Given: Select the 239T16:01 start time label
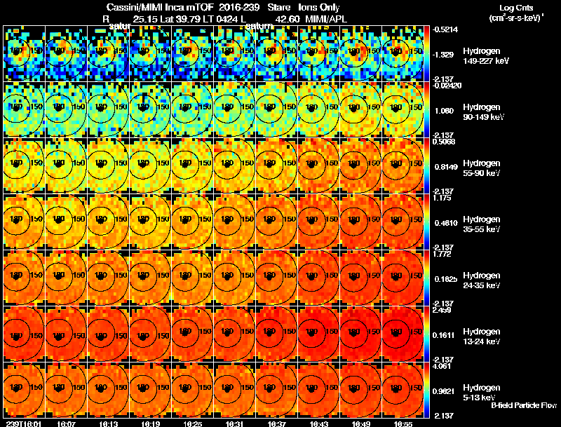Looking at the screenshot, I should (22, 423).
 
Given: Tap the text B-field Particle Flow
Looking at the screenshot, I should (523, 405).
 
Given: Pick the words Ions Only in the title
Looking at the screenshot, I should (320, 7).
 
